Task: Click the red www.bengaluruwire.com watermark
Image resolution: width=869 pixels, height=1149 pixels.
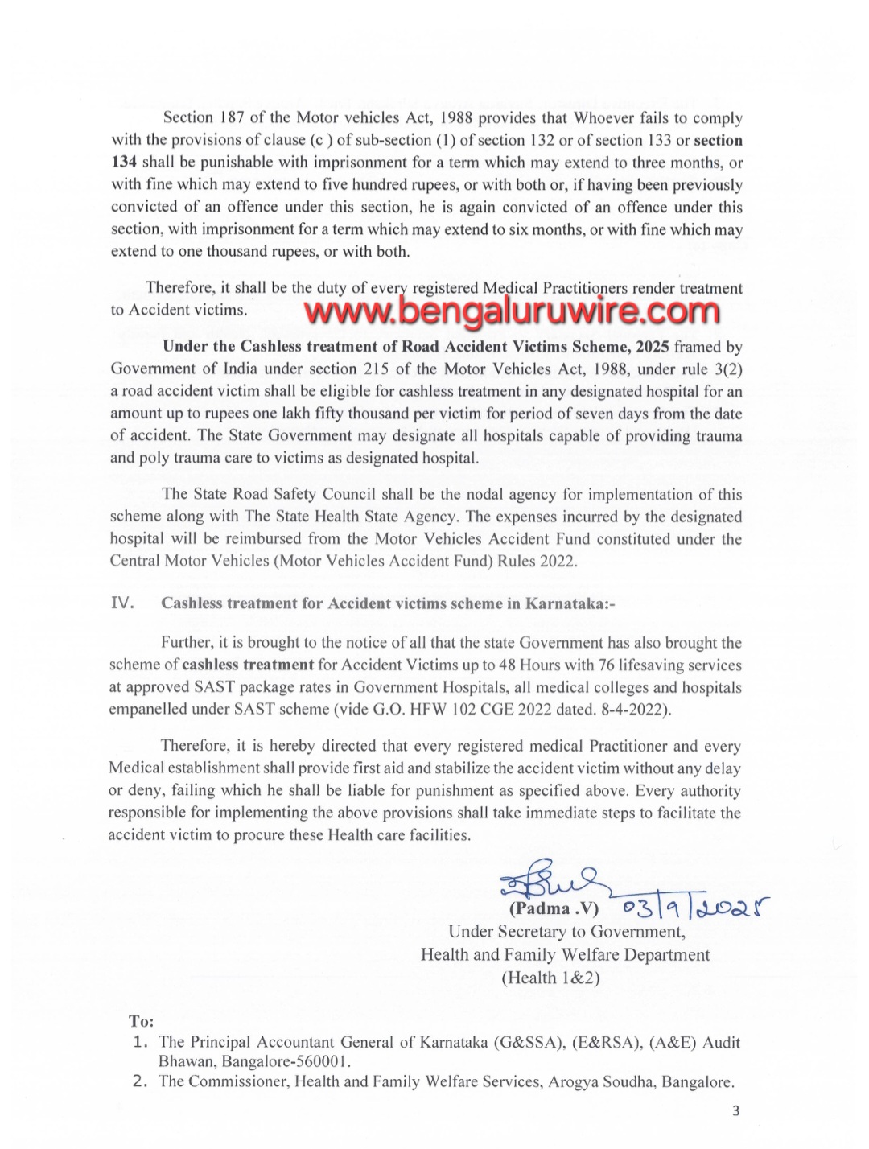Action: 513,310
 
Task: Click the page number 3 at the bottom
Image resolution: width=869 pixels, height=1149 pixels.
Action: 735,1111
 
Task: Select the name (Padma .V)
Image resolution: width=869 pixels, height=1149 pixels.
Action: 554,908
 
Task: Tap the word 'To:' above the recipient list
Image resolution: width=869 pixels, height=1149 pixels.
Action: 141,1021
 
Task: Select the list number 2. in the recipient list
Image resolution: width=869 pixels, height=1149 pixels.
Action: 142,1081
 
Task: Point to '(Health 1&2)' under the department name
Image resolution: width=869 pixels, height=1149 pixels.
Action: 550,978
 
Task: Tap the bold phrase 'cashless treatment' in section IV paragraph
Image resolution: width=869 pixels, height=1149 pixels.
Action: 248,665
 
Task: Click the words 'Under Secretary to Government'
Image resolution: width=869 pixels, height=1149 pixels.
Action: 566,932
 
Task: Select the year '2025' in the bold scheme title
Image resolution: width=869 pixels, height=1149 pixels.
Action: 653,348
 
